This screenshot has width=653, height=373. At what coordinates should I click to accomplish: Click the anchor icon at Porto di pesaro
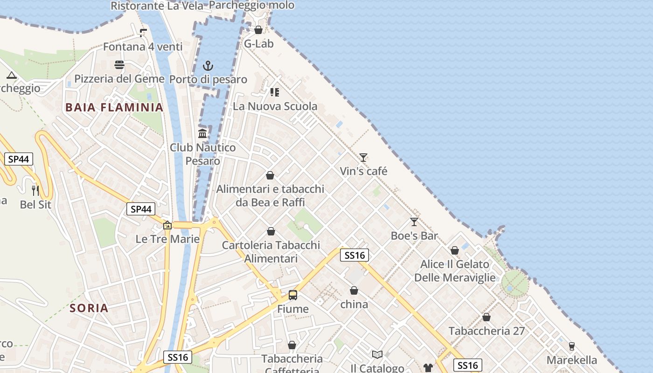(208, 66)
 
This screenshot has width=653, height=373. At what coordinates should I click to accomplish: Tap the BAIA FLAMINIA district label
(114, 108)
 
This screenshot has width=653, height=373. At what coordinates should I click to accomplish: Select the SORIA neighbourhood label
(89, 308)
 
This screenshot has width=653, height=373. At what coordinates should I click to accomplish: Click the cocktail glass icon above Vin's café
(363, 157)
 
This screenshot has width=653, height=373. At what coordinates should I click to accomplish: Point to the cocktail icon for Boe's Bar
(414, 221)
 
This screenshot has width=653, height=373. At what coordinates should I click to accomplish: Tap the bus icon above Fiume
(293, 295)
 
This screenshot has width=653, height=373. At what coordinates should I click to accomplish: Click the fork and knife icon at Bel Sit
(35, 190)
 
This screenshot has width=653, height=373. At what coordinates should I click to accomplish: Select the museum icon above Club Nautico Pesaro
(202, 133)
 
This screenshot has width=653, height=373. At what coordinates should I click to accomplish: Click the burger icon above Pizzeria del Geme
(119, 65)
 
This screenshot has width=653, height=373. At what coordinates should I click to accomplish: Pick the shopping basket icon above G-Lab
(258, 30)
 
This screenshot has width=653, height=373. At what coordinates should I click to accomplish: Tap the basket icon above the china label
(354, 290)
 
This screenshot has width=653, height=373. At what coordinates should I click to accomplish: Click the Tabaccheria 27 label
(486, 331)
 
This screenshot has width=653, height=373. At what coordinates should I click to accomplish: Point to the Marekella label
(571, 360)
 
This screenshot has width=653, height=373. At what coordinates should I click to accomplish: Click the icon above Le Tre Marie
(167, 226)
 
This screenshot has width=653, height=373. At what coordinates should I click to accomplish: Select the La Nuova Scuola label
(275, 106)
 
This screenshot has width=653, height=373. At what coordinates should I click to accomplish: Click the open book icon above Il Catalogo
(377, 354)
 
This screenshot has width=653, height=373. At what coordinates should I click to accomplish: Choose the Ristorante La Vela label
(157, 6)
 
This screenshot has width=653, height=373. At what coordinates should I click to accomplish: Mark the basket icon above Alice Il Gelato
(455, 250)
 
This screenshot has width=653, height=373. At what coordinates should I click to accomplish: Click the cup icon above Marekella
(571, 346)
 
